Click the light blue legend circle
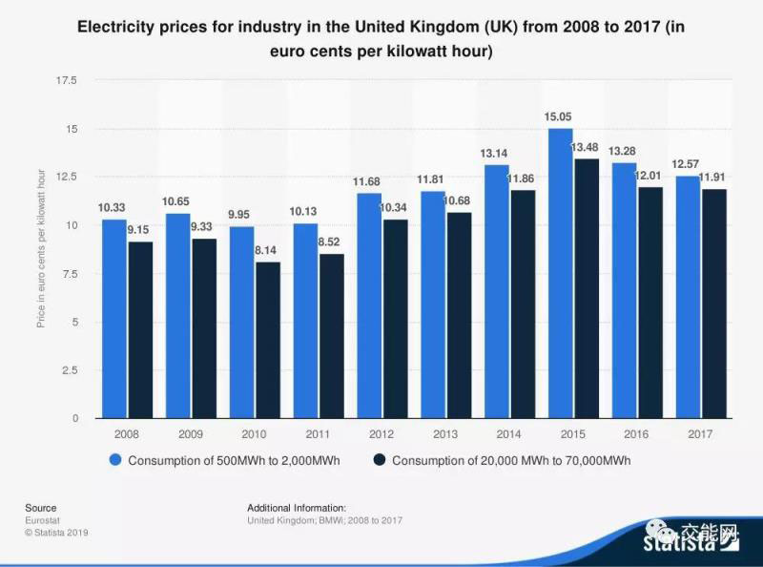click(x=115, y=460)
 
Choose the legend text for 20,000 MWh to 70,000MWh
click(x=511, y=460)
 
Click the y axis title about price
click(x=41, y=248)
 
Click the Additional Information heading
click(x=297, y=508)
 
